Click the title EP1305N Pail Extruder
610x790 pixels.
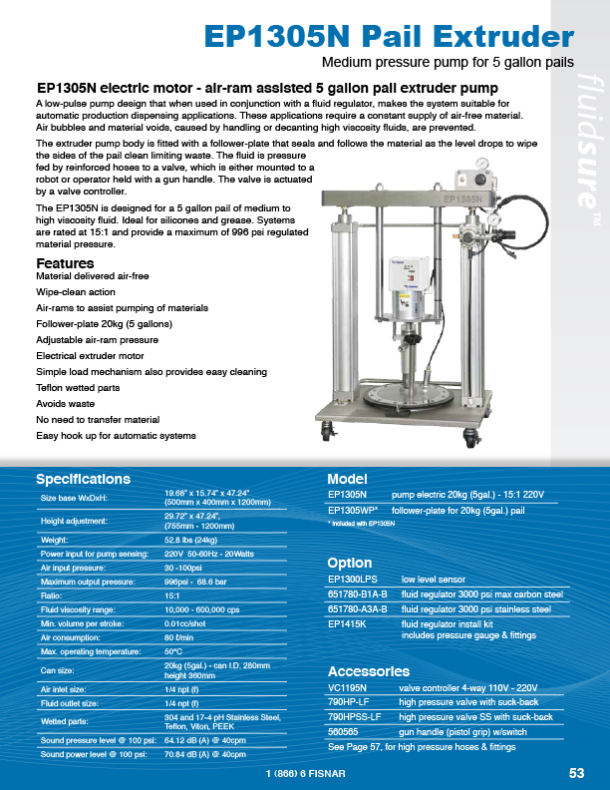click(388, 36)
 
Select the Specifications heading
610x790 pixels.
click(83, 479)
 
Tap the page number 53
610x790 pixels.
click(576, 773)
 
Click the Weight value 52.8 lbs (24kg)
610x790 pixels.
click(190, 539)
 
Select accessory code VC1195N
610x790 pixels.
click(348, 687)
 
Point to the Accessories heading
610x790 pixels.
click(368, 670)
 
